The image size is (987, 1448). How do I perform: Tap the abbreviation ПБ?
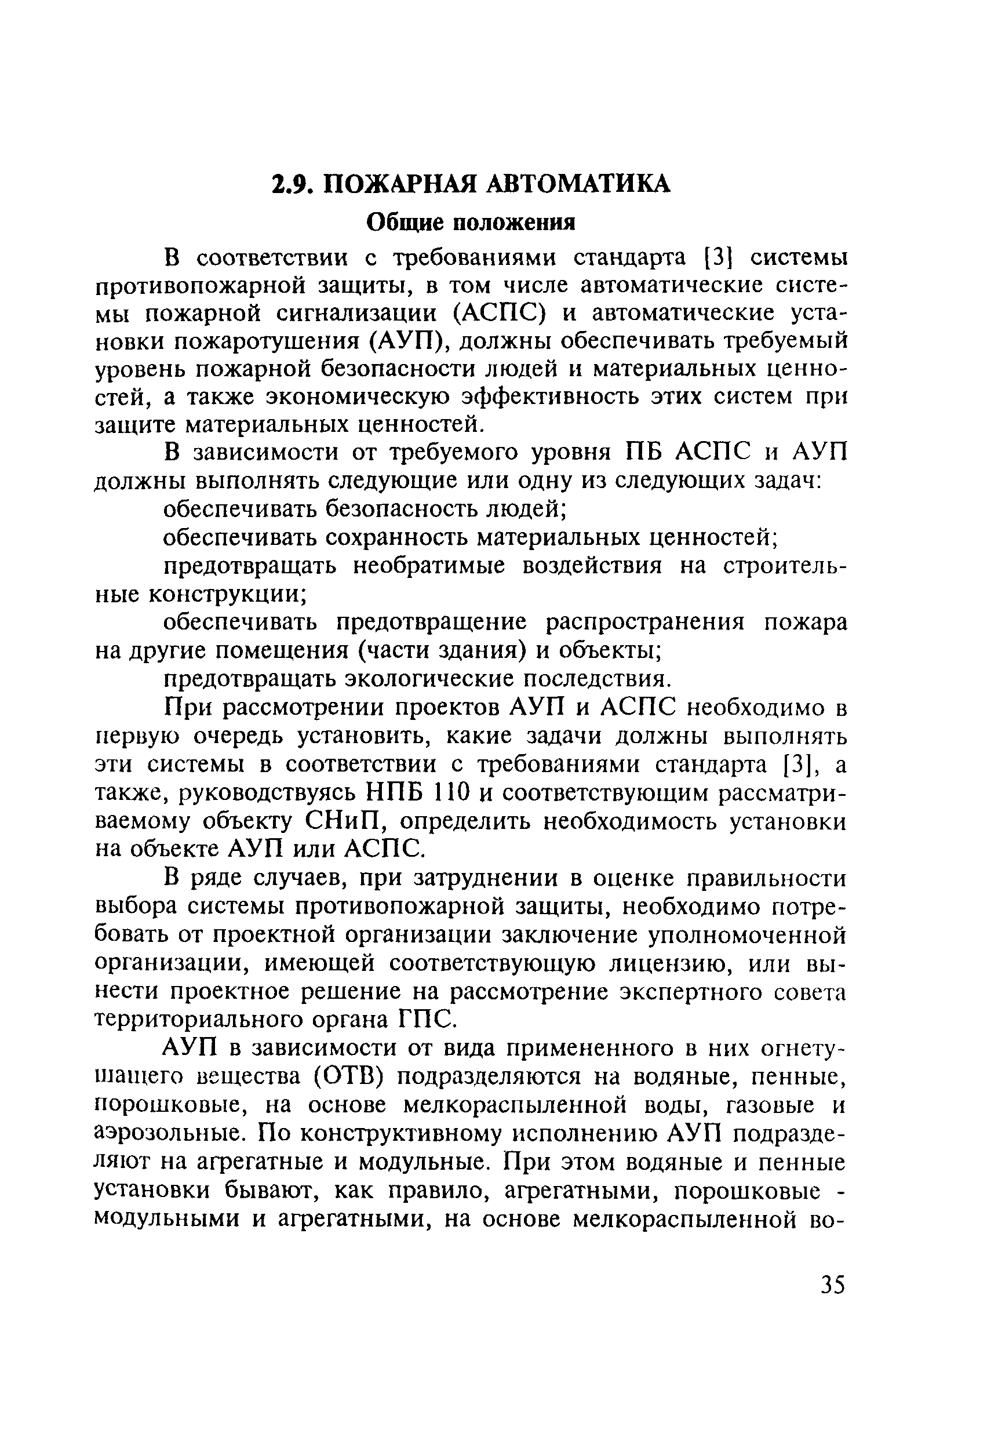click(x=643, y=452)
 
